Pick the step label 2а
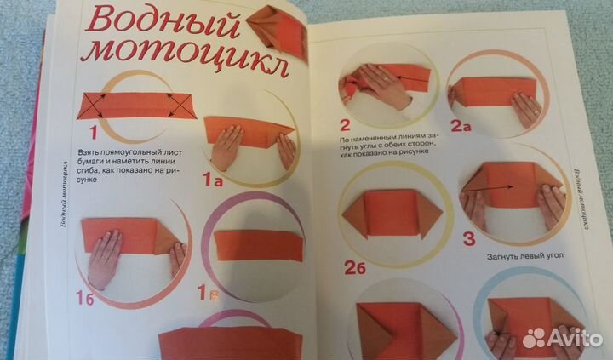(x=461, y=128)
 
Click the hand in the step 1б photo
(x=106, y=260)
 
